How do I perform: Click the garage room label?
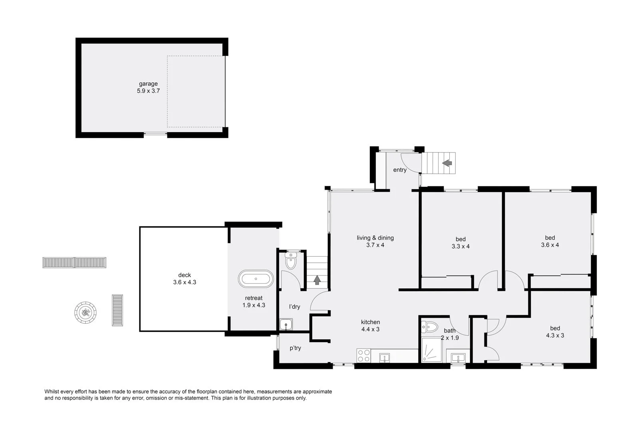(x=148, y=84)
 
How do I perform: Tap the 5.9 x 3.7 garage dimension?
(x=148, y=91)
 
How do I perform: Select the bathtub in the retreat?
(x=256, y=279)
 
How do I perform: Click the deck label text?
(x=184, y=275)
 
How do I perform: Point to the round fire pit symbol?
(x=85, y=313)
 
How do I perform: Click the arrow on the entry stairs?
(x=447, y=163)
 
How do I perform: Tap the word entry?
(x=400, y=170)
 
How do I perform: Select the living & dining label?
(x=375, y=238)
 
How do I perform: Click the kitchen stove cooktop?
(x=364, y=356)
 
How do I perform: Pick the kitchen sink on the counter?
(x=385, y=358)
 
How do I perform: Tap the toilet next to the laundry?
(x=291, y=261)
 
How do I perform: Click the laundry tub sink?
(x=286, y=324)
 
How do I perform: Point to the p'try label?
(x=295, y=348)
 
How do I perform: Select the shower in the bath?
(x=432, y=350)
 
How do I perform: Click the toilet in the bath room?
(x=430, y=327)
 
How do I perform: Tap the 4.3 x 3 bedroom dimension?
(x=555, y=336)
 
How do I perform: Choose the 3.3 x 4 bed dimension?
(x=460, y=246)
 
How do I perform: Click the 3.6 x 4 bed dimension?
(x=550, y=245)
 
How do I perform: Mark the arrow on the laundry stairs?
(x=317, y=280)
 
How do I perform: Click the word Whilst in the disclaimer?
(x=51, y=392)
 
